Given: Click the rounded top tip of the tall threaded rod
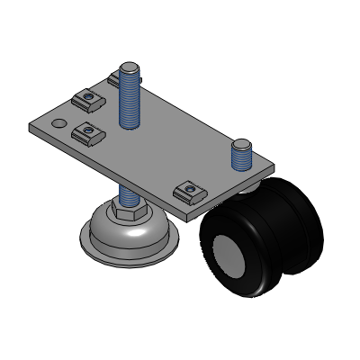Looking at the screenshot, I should point(130,67).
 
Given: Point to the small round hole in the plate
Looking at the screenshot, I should point(59,121).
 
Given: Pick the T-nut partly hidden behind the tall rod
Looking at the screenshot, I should point(114,80).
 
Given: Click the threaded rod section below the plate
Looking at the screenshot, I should point(128,195).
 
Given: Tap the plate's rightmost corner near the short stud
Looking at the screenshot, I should point(273,166).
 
